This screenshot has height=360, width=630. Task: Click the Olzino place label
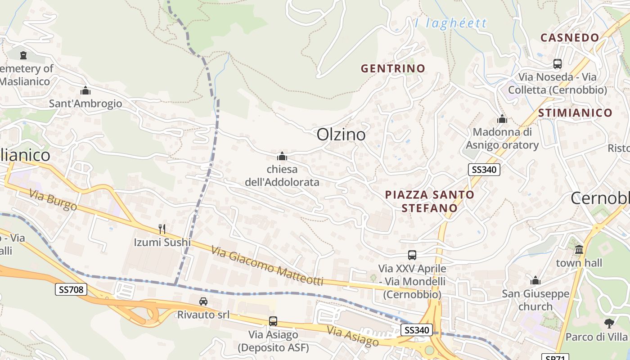coord(341,135)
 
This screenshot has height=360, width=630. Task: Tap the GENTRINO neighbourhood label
coord(393,68)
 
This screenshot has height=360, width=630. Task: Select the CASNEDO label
coord(570,37)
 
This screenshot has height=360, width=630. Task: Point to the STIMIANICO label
coord(575,112)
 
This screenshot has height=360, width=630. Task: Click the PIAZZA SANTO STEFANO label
coord(430,201)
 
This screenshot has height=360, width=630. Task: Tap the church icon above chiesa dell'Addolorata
coord(282,157)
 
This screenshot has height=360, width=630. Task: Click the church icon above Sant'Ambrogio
coord(85,91)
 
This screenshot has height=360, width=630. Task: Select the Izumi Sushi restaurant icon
coord(162,229)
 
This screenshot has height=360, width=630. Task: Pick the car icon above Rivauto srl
coord(203,301)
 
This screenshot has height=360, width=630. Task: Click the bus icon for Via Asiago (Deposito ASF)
coord(273,321)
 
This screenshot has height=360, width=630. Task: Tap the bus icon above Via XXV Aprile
coord(412,255)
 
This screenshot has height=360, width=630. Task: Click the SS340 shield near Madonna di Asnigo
coord(484,170)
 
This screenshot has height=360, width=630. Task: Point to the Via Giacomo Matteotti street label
coord(267,266)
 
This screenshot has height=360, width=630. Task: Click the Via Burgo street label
coord(53,200)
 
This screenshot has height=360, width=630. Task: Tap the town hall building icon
coord(579,249)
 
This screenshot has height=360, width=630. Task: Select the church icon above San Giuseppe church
coord(535,281)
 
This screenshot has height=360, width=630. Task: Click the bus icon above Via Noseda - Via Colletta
coord(558,64)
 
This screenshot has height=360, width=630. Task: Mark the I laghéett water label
coord(450,23)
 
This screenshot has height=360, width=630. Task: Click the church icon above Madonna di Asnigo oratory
coord(502,119)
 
